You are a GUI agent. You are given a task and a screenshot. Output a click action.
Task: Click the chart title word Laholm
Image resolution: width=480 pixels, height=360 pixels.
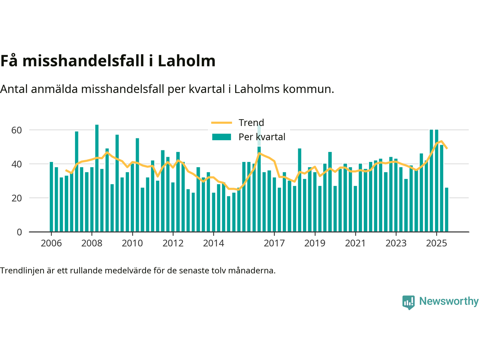tap(186, 61)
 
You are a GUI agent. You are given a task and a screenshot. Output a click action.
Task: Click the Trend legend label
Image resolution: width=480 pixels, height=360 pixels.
tap(251, 123)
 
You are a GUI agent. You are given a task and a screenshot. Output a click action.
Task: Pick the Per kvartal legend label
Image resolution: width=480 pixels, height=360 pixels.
tap(262, 137)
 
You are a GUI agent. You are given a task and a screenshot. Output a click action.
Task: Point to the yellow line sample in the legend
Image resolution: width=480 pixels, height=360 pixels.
tap(222, 123)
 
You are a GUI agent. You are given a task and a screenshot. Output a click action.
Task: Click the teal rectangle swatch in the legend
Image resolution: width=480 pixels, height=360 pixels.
tap(222, 137)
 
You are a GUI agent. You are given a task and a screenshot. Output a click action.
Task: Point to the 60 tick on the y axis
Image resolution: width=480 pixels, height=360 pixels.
tap(17, 130)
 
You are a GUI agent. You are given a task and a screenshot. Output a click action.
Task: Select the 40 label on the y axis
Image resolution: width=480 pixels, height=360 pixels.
tap(17, 164)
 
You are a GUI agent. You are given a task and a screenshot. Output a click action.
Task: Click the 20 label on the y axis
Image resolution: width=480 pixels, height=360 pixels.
tap(17, 198)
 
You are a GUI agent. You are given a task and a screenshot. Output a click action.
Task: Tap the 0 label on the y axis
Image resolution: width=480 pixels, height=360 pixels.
tap(19, 232)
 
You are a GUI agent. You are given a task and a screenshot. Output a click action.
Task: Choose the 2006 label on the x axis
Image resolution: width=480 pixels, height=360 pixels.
tap(51, 243)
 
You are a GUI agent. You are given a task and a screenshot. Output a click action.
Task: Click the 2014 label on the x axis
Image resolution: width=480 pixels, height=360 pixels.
tap(213, 243)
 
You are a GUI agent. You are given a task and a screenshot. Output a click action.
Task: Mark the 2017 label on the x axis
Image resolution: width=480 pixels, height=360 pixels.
tap(274, 243)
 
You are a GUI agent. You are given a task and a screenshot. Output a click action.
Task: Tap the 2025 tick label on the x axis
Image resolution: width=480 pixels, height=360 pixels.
tap(436, 243)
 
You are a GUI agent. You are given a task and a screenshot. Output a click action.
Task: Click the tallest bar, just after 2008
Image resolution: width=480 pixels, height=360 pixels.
tap(97, 178)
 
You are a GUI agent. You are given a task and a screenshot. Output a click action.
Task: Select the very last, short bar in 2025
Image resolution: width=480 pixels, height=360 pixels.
tap(447, 210)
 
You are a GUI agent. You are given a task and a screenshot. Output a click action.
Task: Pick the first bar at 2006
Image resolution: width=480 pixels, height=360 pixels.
tap(51, 197)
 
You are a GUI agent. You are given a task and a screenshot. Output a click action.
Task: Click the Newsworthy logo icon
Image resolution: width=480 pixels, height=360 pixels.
tap(408, 302)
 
